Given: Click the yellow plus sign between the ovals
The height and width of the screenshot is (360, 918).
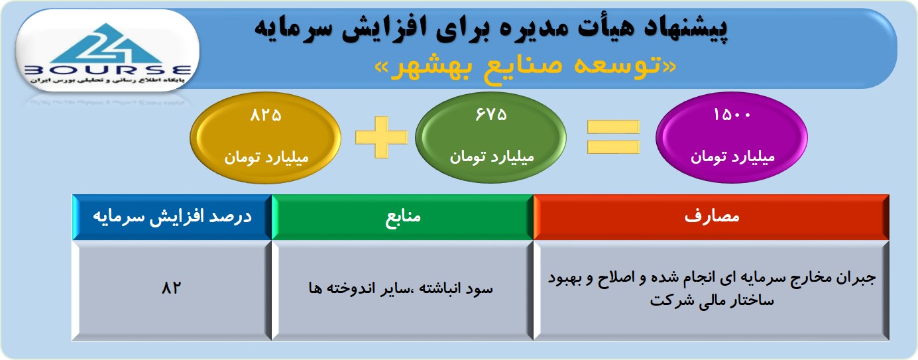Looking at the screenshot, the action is coord(381,137).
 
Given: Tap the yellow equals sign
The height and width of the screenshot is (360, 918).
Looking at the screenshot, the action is coord(613,137).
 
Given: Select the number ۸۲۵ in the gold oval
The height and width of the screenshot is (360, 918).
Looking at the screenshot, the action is coord(266,115).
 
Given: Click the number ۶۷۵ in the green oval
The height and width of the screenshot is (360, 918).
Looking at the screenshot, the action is coord(491,115).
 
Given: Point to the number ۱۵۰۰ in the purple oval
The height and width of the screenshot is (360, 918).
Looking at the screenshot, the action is coord(732,115).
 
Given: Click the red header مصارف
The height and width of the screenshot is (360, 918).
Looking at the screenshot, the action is coord(711,217).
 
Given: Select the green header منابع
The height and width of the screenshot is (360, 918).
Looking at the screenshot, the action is coord(402,217).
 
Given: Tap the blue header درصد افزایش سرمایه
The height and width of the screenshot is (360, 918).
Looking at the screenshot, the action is coord(172,217).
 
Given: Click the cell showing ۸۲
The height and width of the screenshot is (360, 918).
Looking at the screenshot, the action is coord(171,290).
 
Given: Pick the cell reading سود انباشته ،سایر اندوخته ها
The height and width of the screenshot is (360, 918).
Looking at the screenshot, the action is coord(402,290).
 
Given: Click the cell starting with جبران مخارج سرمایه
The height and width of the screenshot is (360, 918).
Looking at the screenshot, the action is coord(711,290).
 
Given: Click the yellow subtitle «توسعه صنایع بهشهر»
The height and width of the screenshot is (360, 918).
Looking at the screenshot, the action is coord(526,67).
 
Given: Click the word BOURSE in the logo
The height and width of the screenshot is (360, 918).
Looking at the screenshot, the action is coord(108,70).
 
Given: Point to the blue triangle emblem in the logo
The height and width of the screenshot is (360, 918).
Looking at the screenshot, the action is coord(107,44).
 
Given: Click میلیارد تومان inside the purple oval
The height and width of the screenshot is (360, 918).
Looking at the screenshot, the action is coord(732,157).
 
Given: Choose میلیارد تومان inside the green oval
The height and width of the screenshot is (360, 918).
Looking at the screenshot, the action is coord(492,157).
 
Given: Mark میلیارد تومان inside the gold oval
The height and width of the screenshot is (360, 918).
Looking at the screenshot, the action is coord(266,158).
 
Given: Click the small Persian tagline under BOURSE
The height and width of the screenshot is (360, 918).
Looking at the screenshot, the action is coord(107,80).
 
